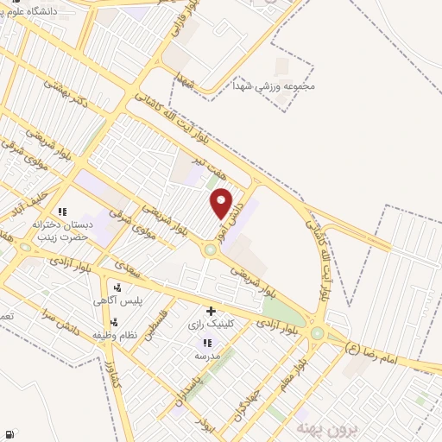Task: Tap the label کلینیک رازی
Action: (x=207, y=325)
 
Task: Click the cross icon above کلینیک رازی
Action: (x=210, y=310)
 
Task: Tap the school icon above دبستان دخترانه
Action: (x=61, y=212)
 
